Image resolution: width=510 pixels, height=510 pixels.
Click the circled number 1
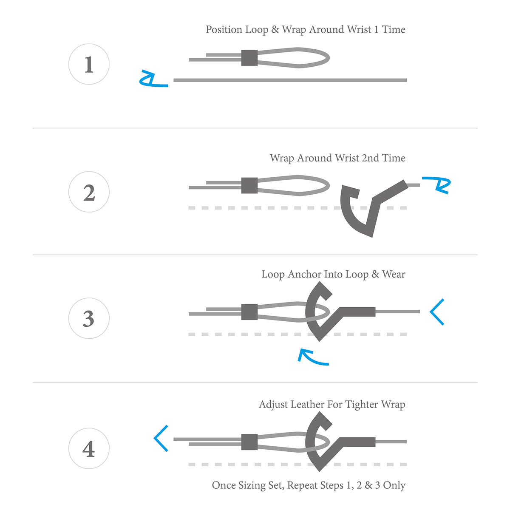89,64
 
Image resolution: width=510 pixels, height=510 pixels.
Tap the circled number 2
89,192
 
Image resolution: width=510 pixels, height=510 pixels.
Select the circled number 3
89,318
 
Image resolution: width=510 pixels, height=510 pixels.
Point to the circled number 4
89,449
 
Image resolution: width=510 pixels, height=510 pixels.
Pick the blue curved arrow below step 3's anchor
312,358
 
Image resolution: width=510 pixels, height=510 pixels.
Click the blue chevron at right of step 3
436,312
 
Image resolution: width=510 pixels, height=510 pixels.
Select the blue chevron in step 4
161,438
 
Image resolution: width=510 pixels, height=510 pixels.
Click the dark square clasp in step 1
249,58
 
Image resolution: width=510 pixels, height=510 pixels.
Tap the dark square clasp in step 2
249,186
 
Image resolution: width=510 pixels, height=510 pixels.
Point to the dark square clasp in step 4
249,442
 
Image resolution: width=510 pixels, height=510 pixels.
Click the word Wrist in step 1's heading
359,30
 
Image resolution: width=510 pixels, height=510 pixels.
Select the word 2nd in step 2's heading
370,158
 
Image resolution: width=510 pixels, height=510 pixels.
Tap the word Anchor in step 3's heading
304,275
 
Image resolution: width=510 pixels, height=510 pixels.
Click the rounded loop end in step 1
325,58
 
